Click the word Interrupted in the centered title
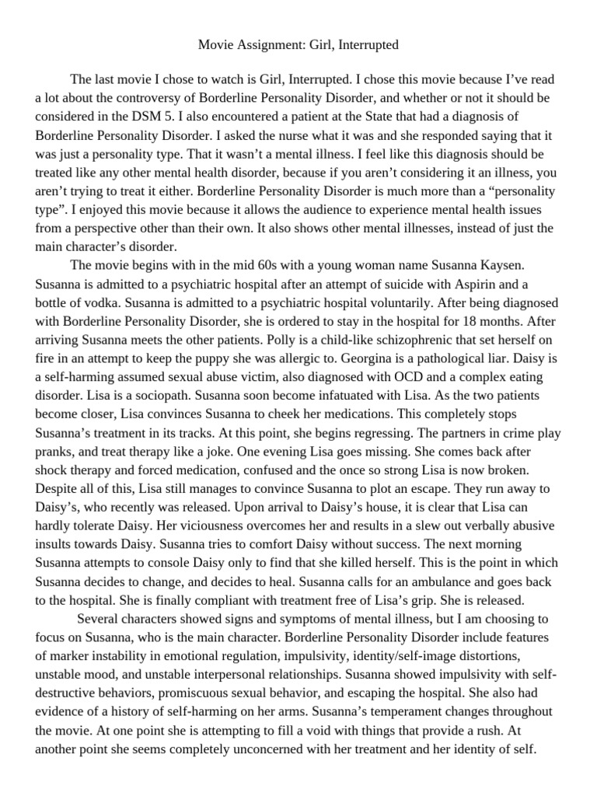click(x=366, y=45)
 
